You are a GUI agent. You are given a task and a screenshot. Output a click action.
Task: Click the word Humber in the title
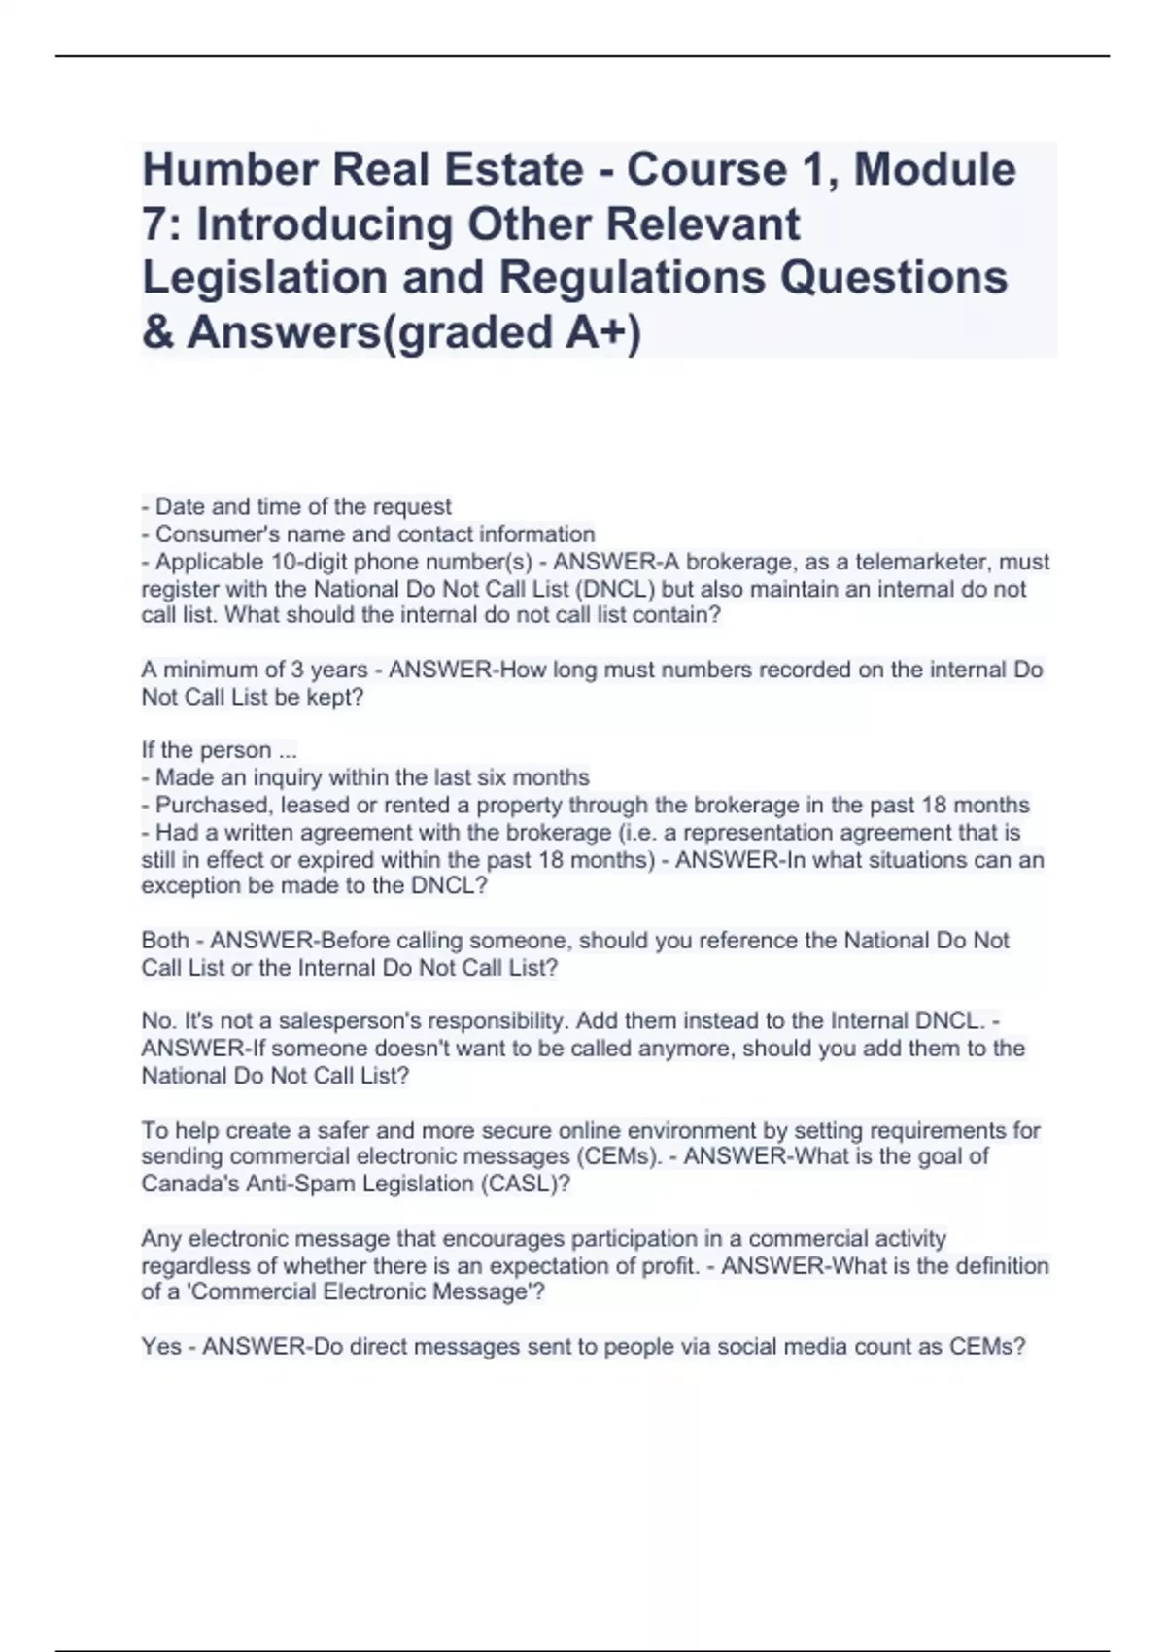[x=229, y=170]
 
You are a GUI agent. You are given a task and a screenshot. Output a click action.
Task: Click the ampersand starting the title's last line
[x=156, y=331]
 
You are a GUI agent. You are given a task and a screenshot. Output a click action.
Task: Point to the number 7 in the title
[x=153, y=224]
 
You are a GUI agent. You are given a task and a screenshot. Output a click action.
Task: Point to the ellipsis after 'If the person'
[x=288, y=750]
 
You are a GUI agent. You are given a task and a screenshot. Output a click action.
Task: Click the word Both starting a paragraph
[x=165, y=940]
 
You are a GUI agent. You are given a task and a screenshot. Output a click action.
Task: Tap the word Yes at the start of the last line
[x=161, y=1347]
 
